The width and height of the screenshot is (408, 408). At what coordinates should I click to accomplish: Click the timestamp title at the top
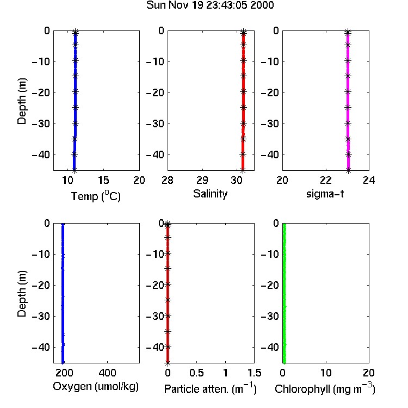click(x=210, y=5)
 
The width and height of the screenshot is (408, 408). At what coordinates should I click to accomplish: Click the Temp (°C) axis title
click(x=96, y=196)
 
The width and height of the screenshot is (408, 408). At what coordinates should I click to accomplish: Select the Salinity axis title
click(x=210, y=194)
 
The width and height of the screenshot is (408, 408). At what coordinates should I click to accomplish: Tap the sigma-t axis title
click(x=325, y=194)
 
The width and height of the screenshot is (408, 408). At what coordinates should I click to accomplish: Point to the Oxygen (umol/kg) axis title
click(x=96, y=387)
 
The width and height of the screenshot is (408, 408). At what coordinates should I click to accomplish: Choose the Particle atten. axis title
click(x=210, y=389)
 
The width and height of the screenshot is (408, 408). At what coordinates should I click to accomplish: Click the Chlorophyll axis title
click(x=325, y=389)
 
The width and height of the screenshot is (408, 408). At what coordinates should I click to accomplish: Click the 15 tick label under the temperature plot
click(x=103, y=180)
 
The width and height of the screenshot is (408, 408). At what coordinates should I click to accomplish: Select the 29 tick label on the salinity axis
click(x=202, y=180)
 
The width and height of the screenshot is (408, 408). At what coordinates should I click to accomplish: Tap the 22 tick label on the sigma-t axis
click(x=326, y=180)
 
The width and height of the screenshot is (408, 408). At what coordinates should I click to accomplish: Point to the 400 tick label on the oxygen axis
click(x=107, y=373)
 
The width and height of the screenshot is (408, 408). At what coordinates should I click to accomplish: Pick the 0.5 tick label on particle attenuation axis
click(x=196, y=373)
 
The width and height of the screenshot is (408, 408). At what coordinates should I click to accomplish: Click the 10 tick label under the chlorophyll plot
click(x=326, y=373)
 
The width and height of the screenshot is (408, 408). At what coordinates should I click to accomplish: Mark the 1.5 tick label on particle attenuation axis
click(x=255, y=373)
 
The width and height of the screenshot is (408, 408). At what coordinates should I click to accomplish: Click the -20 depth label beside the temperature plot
click(x=41, y=92)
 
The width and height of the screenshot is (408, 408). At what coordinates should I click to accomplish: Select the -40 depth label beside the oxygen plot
click(x=41, y=347)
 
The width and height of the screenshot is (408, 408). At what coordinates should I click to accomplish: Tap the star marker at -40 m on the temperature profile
click(x=74, y=154)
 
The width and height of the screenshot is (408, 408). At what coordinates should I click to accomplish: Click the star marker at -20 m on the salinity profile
click(x=243, y=91)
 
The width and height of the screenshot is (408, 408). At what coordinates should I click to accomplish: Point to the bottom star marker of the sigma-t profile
click(x=348, y=170)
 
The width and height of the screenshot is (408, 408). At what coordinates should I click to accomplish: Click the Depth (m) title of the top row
click(x=22, y=101)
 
